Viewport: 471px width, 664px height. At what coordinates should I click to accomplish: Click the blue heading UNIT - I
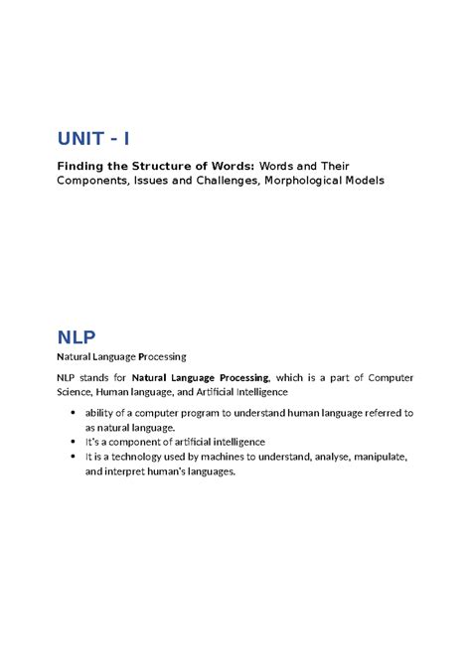click(x=98, y=138)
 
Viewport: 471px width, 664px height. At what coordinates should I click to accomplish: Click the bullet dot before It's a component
click(x=76, y=442)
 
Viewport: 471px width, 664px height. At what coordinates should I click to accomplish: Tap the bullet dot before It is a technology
click(x=76, y=457)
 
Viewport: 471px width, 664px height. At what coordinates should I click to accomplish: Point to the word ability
click(x=101, y=413)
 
